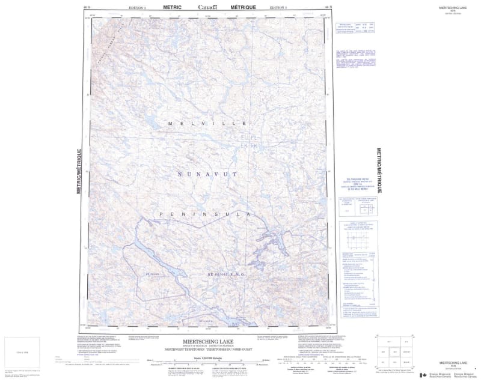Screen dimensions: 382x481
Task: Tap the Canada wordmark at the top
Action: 208,7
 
